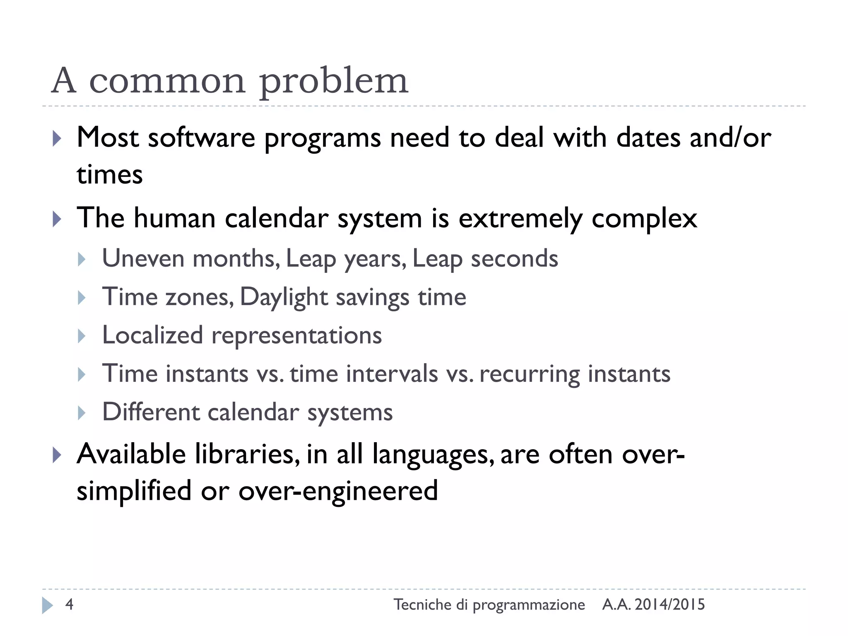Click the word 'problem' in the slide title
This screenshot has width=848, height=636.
(x=334, y=81)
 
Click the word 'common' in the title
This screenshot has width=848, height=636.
(x=167, y=81)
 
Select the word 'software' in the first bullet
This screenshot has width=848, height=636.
(x=202, y=138)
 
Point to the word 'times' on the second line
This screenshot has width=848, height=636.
(x=110, y=175)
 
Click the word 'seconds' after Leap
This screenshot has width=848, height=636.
(x=514, y=258)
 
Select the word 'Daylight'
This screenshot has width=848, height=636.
(x=284, y=297)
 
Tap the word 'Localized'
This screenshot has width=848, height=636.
(x=152, y=335)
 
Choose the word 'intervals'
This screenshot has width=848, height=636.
(x=392, y=374)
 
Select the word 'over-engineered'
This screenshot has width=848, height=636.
(x=338, y=491)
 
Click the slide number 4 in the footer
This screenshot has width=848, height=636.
(x=69, y=605)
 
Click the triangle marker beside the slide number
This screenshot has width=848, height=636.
(x=47, y=605)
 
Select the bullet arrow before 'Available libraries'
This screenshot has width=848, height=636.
(x=57, y=455)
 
